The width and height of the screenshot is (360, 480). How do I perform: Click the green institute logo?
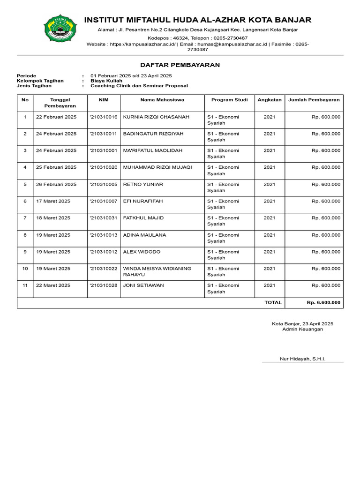click(58, 29)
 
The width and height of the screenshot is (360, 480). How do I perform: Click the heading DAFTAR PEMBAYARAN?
click(180, 65)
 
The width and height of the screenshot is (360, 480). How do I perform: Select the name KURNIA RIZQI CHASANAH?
click(156, 117)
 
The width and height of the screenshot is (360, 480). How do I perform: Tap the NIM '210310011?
click(103, 134)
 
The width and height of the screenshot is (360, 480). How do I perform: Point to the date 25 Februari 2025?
click(56, 167)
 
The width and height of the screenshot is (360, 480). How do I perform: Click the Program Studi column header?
click(229, 100)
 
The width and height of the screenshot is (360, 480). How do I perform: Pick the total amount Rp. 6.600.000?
click(323, 303)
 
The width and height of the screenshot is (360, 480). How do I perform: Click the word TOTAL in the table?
click(273, 303)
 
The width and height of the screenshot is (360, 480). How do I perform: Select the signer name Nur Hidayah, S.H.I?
click(302, 359)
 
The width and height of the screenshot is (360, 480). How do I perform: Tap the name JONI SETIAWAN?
click(143, 285)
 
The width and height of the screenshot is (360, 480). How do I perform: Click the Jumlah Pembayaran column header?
click(314, 100)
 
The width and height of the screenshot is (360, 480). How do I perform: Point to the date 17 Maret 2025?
click(53, 201)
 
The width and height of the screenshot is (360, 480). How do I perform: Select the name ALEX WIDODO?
click(142, 252)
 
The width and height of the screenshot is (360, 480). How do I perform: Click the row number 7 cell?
click(25, 218)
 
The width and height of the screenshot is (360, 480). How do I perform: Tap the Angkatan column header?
click(270, 100)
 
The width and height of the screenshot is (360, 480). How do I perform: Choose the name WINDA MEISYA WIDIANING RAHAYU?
click(157, 272)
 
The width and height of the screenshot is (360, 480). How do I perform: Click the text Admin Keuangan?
click(302, 330)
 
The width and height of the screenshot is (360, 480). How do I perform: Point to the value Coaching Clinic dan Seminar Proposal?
click(139, 86)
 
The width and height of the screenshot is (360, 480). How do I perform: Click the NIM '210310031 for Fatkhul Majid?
click(103, 218)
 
